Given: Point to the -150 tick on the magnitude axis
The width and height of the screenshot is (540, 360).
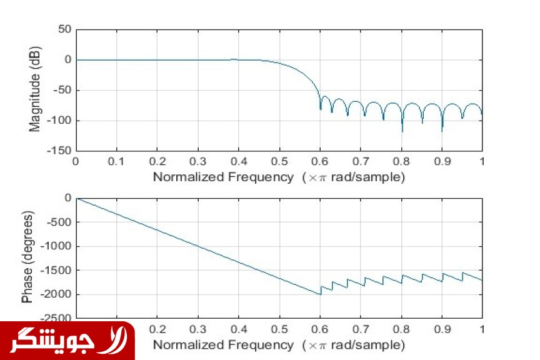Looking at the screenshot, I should click(61, 151).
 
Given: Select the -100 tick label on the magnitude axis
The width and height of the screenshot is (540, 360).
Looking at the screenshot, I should click(61, 120).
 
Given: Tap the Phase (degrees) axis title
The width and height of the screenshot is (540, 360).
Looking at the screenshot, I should click(27, 257).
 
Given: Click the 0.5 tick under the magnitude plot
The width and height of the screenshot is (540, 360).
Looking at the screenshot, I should click(279, 161).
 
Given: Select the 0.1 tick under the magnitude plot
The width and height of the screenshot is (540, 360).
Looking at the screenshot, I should click(117, 161).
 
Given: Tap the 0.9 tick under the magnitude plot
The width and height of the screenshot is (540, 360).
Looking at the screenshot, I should click(442, 161).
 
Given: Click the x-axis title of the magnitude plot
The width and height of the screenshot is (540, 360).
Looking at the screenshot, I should click(279, 177).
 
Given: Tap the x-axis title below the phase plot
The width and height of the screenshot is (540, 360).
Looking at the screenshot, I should click(279, 344).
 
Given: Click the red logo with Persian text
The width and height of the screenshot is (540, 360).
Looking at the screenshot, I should click(67, 341).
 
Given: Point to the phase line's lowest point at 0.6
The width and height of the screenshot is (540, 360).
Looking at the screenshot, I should click(320, 294).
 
